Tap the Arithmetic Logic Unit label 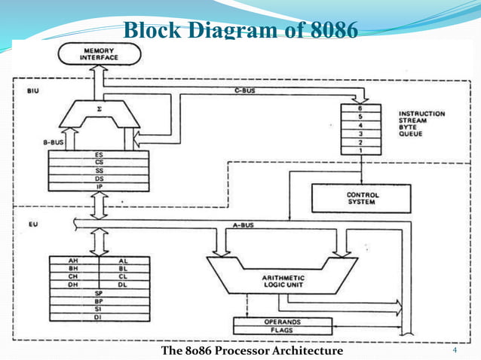[x=281, y=281]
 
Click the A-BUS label [x=242, y=224]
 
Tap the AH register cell [x=74, y=261]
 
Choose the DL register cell [x=124, y=284]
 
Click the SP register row [x=99, y=292]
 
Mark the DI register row [x=99, y=317]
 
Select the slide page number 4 [x=455, y=351]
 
